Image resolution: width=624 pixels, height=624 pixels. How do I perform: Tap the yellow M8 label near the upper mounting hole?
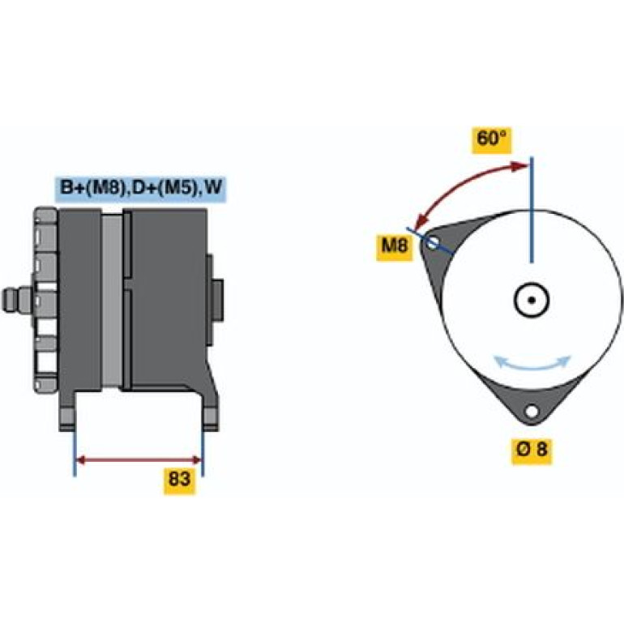pos(395,246)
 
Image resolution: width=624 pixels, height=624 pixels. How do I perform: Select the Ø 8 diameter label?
pos(532,450)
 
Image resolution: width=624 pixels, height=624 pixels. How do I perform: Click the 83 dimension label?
pos(179,481)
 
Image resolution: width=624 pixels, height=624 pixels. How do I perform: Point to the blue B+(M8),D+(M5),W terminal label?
pos(140,189)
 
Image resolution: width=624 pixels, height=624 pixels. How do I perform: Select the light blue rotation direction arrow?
pos(532,363)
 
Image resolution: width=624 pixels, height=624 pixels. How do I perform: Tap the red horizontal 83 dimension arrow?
pos(139,460)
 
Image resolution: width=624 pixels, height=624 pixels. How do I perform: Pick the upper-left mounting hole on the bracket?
pos(433,243)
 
